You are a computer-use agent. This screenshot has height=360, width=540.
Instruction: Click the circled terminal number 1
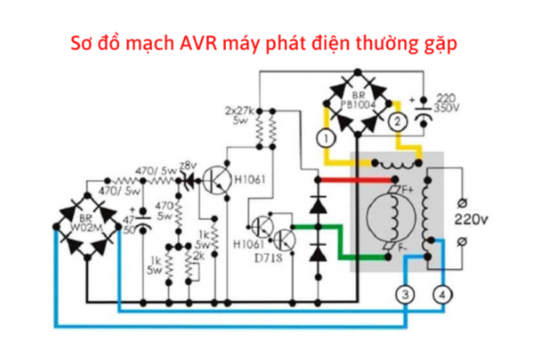coord(326,138)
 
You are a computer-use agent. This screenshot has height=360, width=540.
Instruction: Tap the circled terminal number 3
coord(406,294)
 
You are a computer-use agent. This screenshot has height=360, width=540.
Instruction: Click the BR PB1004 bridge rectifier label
coord(361,100)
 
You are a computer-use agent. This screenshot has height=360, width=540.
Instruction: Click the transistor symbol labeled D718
coord(283,239)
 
